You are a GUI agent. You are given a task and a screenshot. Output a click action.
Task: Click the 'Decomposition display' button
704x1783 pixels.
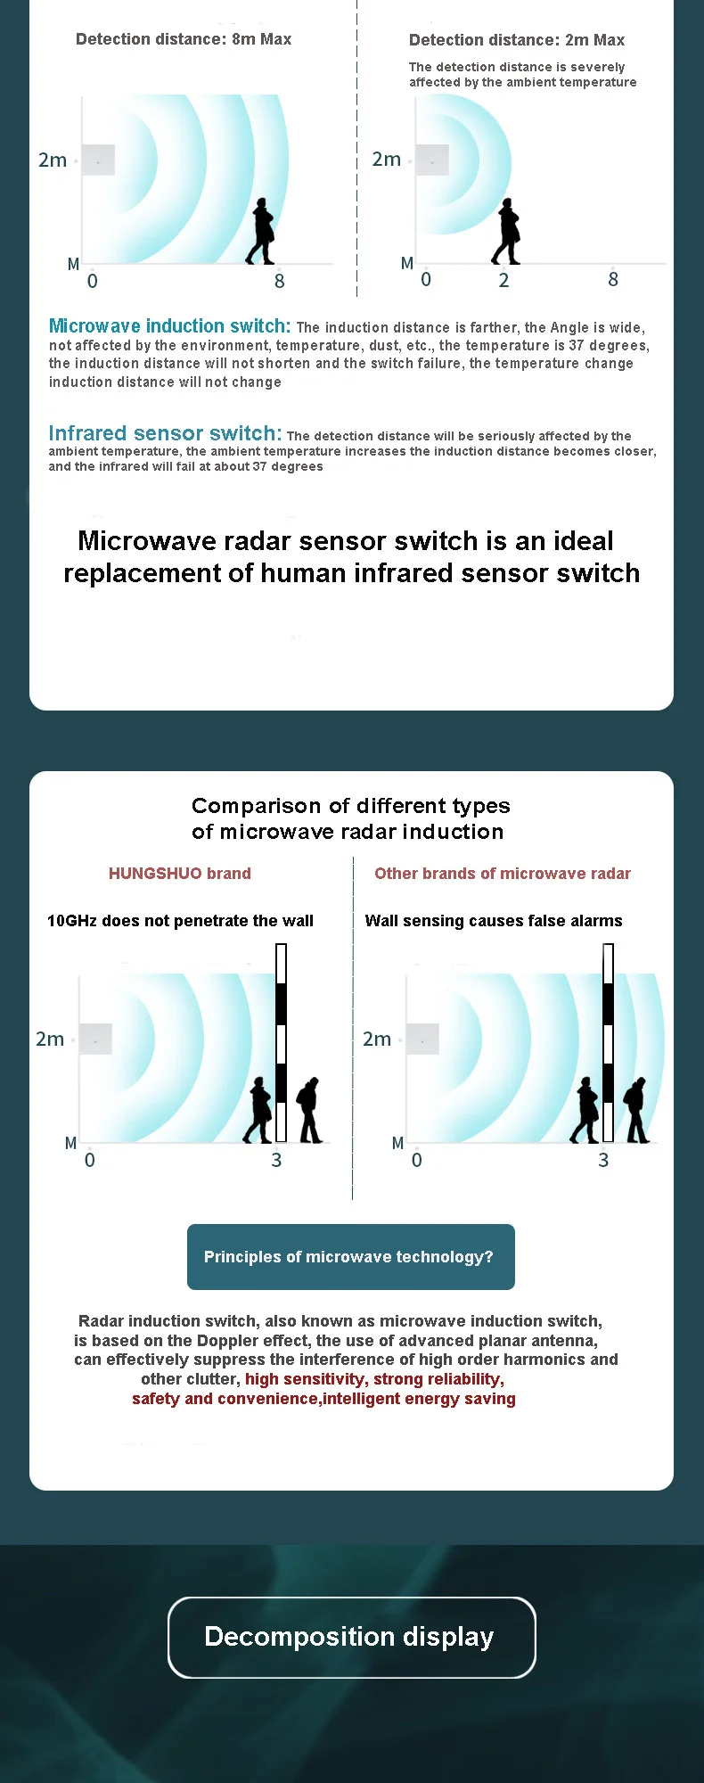351,1637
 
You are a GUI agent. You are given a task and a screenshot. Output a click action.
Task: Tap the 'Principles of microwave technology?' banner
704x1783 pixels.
350,1257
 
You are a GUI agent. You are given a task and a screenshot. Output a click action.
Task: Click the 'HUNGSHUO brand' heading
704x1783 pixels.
180,874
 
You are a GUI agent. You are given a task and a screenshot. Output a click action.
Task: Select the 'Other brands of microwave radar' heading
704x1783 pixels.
503,874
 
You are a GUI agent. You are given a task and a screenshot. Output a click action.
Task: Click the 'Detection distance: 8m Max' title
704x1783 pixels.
184,39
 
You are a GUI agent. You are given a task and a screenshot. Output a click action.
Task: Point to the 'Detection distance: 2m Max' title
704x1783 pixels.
517,40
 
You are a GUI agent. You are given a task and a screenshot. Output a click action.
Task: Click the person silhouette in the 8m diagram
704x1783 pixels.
261,232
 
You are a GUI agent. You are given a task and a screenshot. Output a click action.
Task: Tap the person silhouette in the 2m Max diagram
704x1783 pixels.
506,232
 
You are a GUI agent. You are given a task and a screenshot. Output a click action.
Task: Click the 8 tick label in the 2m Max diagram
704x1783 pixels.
613,280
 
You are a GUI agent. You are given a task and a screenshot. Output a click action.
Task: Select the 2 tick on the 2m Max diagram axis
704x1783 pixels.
504,281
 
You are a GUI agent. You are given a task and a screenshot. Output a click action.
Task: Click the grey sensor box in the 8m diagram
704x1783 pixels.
98,160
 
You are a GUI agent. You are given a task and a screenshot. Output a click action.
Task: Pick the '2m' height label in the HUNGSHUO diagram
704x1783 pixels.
50,1039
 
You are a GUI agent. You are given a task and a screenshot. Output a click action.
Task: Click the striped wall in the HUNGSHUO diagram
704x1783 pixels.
281,1043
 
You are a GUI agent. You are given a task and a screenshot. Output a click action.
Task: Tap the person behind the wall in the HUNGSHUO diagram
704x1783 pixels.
309,1111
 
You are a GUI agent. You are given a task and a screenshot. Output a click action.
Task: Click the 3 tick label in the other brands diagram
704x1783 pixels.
603,1160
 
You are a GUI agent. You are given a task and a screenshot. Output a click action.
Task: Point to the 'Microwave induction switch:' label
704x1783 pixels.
169,326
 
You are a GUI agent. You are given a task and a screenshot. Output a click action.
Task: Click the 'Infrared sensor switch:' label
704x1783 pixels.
165,433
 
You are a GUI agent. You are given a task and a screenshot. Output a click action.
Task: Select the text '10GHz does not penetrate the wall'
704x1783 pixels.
180,921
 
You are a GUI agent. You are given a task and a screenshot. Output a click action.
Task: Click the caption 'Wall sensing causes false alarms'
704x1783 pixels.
494,921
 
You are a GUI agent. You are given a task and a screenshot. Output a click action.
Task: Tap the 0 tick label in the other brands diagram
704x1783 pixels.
417,1160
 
